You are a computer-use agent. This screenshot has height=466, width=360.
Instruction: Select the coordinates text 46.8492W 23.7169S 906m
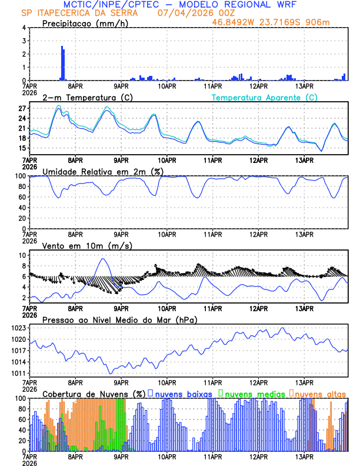(x=279, y=22)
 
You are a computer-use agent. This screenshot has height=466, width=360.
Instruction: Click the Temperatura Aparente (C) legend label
(x=265, y=97)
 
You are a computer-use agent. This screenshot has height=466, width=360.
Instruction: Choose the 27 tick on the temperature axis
(x=21, y=109)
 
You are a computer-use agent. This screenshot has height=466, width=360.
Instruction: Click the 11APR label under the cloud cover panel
(x=212, y=457)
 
